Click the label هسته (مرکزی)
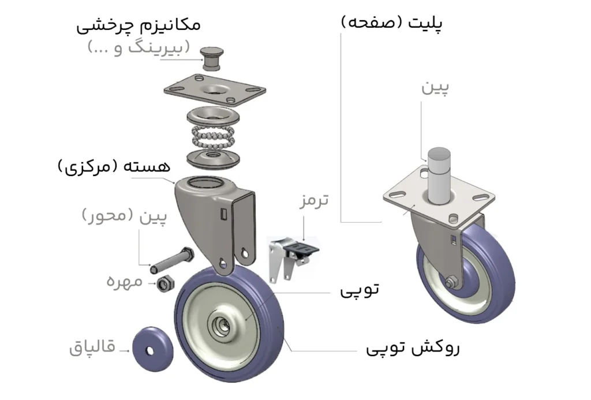coord(115,167)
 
